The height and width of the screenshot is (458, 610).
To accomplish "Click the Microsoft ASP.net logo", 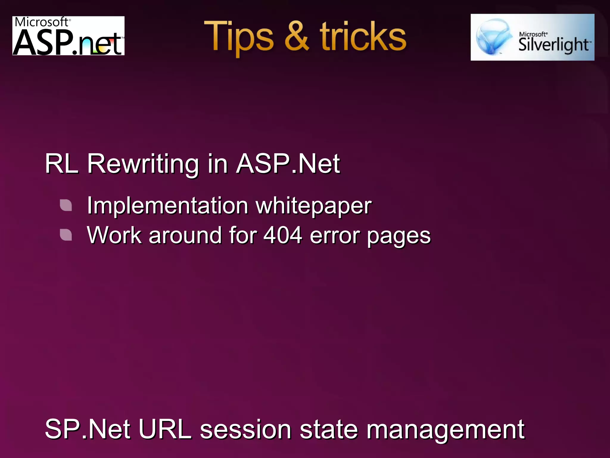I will (68, 36).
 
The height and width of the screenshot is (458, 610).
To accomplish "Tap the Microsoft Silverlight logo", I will (532, 37).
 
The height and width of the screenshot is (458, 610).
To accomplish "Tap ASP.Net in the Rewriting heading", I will (288, 164).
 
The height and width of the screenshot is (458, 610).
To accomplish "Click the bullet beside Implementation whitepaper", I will (66, 205).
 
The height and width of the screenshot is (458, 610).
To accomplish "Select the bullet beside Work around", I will (66, 235).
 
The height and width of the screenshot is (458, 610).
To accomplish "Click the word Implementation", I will (168, 206).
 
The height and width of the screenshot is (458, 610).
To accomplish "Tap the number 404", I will (283, 235).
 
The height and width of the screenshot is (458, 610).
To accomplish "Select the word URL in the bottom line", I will (165, 429).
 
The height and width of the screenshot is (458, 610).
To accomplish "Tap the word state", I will (329, 430).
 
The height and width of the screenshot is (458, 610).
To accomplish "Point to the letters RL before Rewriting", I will (62, 164).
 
